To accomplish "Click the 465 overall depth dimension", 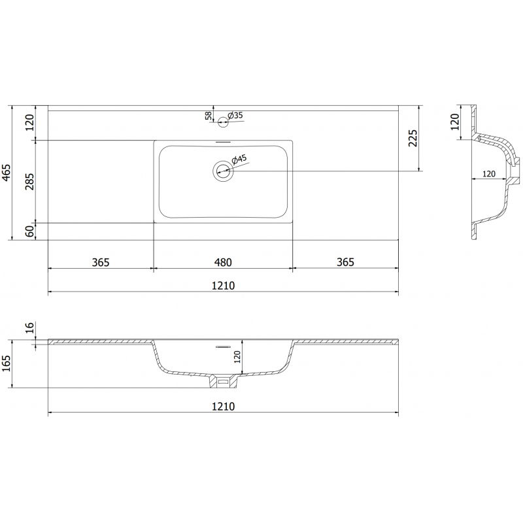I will (7, 173).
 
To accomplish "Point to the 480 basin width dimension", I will (223, 262).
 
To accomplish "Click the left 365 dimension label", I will (100, 262).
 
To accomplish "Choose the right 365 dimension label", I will (345, 262).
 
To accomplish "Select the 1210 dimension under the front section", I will (223, 406).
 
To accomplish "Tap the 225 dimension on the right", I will (413, 139).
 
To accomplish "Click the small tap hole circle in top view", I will (223, 120).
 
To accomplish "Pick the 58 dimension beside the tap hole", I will (209, 116).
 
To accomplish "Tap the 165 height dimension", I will (7, 363).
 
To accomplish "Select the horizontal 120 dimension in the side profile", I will (488, 174).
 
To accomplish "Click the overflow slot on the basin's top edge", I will (223, 141).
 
